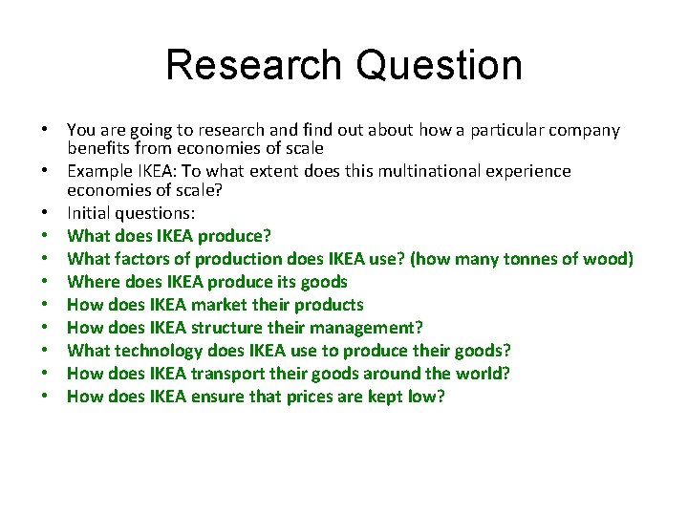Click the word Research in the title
coord(252,65)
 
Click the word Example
coord(98,171)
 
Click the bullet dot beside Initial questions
coord(45,214)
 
